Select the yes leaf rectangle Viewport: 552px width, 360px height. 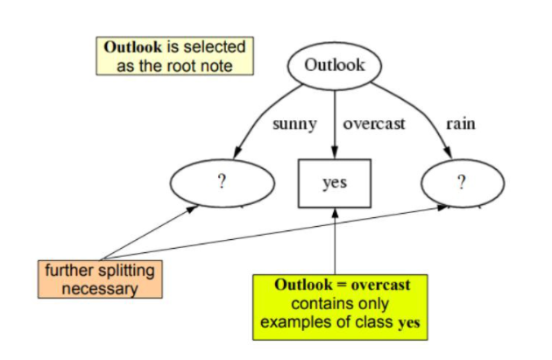click(335, 182)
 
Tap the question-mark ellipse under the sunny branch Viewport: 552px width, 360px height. click(222, 182)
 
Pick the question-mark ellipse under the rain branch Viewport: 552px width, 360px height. click(460, 182)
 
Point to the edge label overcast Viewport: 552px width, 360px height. click(374, 124)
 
